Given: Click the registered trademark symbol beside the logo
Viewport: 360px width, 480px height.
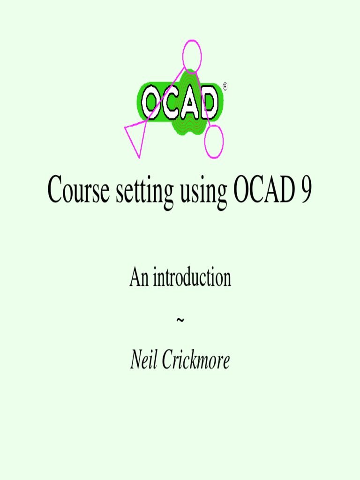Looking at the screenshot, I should tap(225, 86).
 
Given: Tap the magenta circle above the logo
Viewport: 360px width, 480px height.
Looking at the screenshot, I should tap(192, 57).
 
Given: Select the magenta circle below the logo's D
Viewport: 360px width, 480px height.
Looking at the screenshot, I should tap(214, 141).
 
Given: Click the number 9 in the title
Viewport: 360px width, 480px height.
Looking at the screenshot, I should tap(305, 189).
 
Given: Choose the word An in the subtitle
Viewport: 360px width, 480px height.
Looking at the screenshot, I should tap(139, 278).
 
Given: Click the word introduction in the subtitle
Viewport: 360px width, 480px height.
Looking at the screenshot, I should tap(191, 278).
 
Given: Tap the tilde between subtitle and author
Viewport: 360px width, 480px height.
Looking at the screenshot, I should tap(180, 320).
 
